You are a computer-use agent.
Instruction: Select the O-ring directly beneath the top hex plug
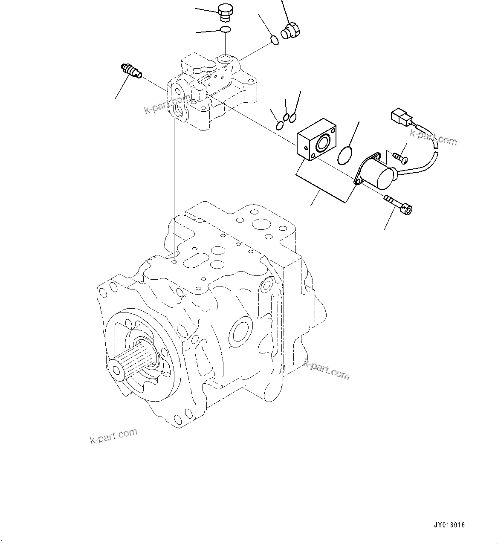(x=226, y=29)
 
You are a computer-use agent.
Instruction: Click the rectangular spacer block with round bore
(x=316, y=142)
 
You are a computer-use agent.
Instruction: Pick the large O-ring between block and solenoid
(x=345, y=155)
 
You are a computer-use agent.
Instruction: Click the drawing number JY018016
(x=450, y=525)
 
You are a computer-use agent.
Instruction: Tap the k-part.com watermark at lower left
(x=114, y=436)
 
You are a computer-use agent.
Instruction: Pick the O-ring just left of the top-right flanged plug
(x=275, y=41)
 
